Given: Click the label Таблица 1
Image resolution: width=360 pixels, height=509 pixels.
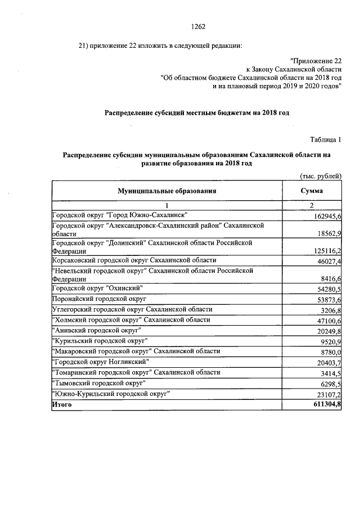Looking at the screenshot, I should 326,139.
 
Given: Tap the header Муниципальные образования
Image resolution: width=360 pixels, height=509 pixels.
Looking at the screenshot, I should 166,191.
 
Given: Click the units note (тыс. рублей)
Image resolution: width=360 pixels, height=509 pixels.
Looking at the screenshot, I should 321,176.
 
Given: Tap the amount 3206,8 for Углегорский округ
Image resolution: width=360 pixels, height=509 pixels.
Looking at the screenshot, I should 329,310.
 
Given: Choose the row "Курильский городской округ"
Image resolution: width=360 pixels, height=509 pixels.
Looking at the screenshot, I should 100,341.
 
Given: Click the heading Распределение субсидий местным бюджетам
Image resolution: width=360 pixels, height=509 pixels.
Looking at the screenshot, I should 197,112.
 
